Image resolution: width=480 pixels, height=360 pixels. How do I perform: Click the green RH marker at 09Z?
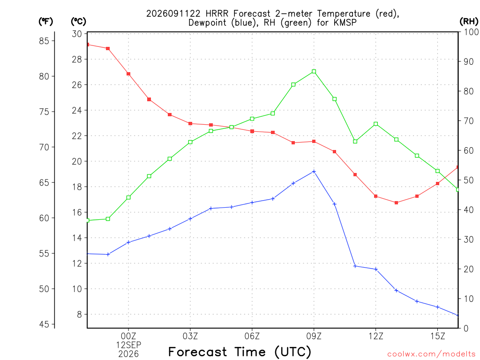click(314, 71)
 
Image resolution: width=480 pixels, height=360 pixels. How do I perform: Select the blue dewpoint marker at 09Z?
click(314, 172)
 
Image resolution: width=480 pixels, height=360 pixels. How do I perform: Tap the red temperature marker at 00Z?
click(128, 74)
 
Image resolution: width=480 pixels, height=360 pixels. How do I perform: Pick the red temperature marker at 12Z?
click(376, 196)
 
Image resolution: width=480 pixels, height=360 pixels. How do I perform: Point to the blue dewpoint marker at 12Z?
click(376, 270)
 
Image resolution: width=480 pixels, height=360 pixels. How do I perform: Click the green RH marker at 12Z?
click(376, 124)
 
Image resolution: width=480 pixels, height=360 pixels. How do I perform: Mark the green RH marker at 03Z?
click(190, 142)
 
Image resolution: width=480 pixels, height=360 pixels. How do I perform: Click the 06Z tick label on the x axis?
click(252, 336)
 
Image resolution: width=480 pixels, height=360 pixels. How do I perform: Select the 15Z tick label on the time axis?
click(437, 336)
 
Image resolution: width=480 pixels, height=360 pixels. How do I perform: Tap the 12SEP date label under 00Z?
click(128, 345)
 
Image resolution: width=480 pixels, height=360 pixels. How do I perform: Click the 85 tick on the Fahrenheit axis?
click(44, 41)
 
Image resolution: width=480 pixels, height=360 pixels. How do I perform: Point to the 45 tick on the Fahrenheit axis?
click(44, 324)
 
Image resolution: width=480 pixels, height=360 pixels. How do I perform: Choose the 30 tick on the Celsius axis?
click(77, 34)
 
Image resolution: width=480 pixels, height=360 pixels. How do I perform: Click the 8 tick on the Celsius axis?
click(79, 315)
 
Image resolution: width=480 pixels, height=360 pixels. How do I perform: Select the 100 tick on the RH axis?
click(471, 32)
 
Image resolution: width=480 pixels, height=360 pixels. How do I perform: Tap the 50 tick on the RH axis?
click(468, 180)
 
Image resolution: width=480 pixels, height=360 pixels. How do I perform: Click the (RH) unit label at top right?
click(469, 22)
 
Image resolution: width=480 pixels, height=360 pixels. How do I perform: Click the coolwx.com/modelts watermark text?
click(431, 354)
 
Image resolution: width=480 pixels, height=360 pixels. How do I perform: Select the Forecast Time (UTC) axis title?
click(240, 352)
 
